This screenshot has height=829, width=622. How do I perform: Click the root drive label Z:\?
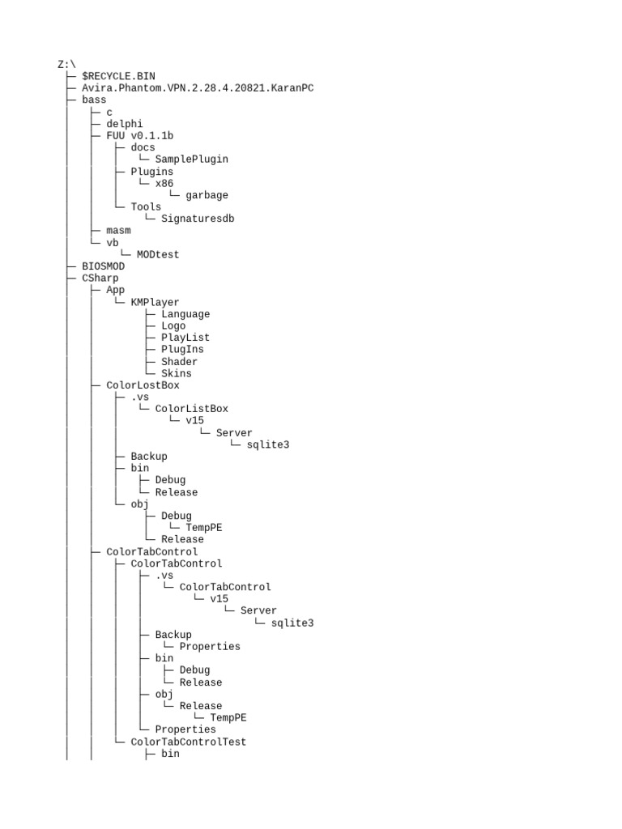click(x=66, y=64)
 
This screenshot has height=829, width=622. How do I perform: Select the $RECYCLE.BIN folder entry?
click(x=118, y=76)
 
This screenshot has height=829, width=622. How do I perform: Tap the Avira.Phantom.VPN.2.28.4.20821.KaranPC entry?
click(x=197, y=88)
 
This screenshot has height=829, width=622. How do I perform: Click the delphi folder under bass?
click(x=124, y=124)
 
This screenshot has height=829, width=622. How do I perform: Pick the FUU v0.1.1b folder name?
click(x=139, y=136)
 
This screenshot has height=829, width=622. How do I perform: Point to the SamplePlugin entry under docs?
click(x=191, y=159)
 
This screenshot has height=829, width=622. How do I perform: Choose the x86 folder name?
click(x=164, y=183)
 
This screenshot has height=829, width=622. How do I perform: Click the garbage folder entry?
click(x=207, y=195)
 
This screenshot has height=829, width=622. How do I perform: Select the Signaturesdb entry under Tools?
click(x=198, y=219)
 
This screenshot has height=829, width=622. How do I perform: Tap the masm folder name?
click(x=118, y=231)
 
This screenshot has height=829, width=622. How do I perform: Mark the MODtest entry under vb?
click(x=158, y=254)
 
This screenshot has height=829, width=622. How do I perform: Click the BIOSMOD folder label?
click(x=103, y=266)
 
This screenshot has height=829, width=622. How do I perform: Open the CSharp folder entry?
click(x=100, y=278)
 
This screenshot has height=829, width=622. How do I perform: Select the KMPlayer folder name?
click(x=155, y=302)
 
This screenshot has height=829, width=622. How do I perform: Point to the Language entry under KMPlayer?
click(x=185, y=314)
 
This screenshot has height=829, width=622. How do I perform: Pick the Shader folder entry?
click(x=179, y=362)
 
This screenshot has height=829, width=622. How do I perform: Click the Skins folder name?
click(x=177, y=373)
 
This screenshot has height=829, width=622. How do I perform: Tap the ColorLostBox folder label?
click(x=143, y=385)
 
